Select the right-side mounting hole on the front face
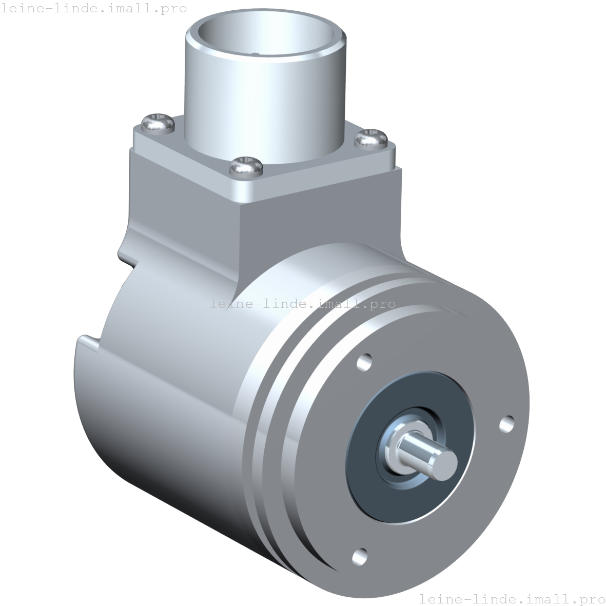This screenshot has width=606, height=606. (507, 423)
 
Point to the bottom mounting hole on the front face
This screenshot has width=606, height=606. (360, 556)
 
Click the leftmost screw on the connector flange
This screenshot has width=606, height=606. (158, 123)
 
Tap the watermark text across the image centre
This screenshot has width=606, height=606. (303, 303)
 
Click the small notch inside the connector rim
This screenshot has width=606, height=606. (255, 53)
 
